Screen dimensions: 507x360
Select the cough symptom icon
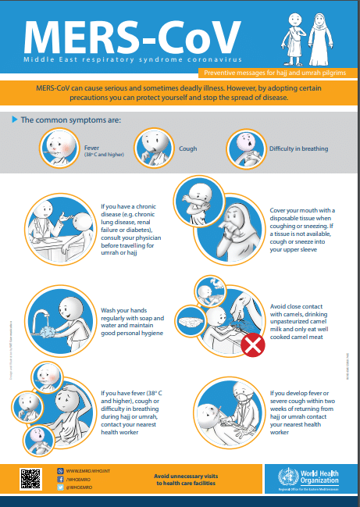(x=153, y=147)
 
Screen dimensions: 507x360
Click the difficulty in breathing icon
(x=244, y=147)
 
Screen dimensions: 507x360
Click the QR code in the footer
(x=30, y=477)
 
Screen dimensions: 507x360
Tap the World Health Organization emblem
(x=280, y=477)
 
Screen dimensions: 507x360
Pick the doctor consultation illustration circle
(x=60, y=231)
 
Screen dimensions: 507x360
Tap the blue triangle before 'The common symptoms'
(x=15, y=120)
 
